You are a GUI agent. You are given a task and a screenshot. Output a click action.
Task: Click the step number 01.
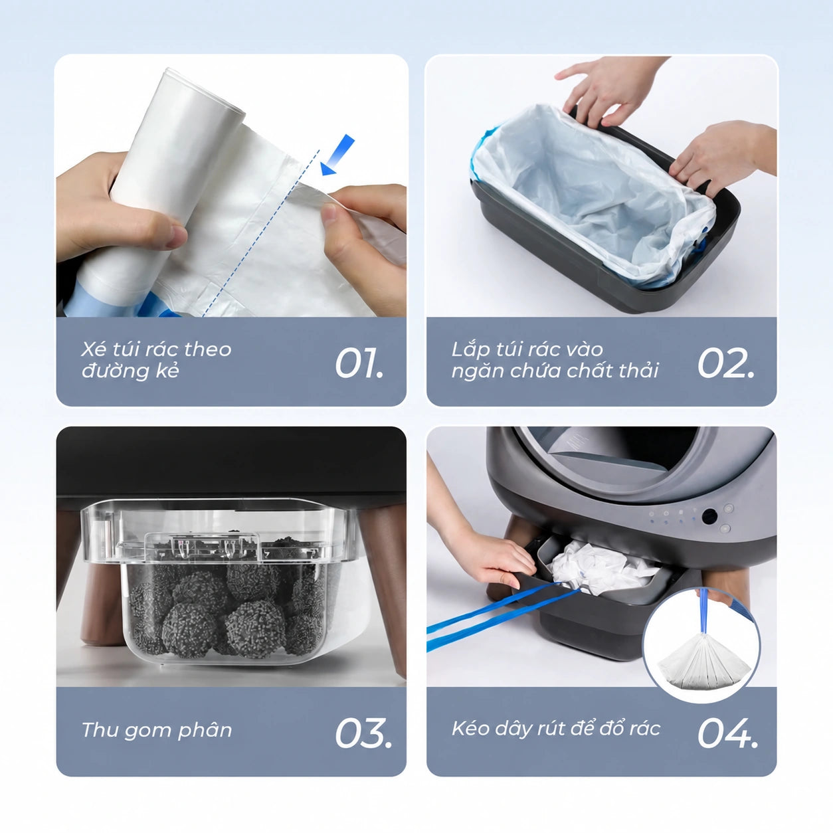pyautogui.click(x=359, y=363)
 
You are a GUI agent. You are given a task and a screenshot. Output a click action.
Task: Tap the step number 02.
pyautogui.click(x=726, y=363)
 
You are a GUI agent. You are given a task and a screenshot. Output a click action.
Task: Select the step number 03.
pyautogui.click(x=363, y=733)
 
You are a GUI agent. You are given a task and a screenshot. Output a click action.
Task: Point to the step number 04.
pyautogui.click(x=728, y=733)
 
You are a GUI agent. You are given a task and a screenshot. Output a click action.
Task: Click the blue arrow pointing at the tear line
pyautogui.click(x=338, y=154)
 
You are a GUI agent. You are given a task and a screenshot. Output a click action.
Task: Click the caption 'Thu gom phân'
pyautogui.click(x=157, y=730)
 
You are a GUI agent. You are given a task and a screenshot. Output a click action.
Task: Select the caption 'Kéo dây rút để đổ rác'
pyautogui.click(x=556, y=729)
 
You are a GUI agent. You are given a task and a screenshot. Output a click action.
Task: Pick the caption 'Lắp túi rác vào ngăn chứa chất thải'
pyautogui.click(x=555, y=359)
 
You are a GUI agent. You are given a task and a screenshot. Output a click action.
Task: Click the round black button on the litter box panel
pyautogui.click(x=709, y=517)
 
